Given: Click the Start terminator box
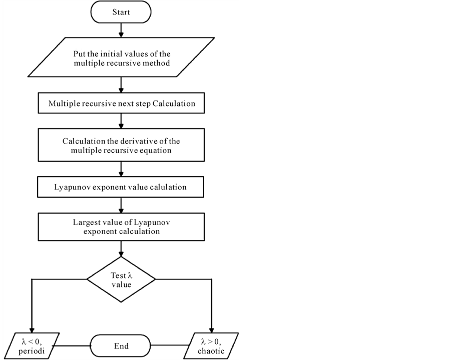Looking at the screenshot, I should point(121,12).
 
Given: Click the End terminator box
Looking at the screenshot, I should point(121,345).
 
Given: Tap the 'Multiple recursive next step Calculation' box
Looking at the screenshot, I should point(121,104).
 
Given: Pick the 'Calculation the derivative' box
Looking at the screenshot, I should point(121,145).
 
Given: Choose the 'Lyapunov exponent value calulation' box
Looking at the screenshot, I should point(121,187).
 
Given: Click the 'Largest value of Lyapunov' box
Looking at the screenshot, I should point(121,227).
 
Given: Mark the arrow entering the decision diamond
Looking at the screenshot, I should point(121,249).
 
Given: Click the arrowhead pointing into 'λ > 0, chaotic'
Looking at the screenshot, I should point(213,328).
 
